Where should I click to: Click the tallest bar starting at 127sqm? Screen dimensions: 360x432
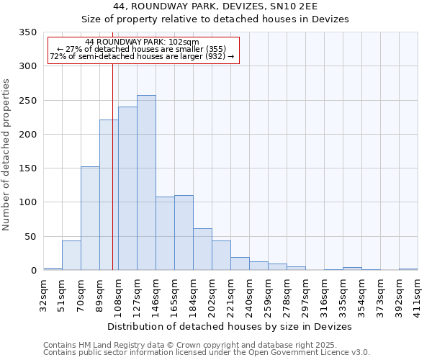point(146,183)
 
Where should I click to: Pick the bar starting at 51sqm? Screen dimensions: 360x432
point(71,256)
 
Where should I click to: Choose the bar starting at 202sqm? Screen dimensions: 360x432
point(221,256)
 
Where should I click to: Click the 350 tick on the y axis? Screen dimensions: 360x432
point(27,32)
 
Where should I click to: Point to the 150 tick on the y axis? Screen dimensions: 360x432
point(27,168)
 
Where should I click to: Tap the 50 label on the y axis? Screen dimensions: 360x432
point(30,236)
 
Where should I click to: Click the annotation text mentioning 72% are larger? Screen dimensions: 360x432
point(142,57)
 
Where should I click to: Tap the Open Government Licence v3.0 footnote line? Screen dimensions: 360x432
point(207,353)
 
